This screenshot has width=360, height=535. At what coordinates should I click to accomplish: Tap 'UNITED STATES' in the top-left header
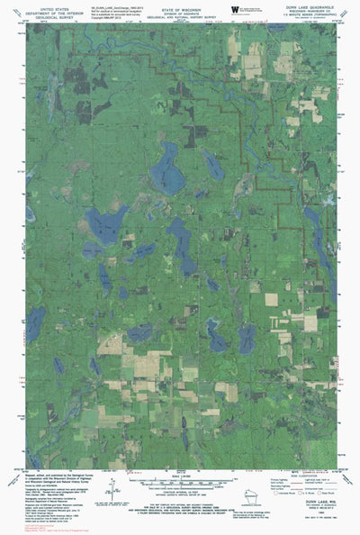pos(50,6)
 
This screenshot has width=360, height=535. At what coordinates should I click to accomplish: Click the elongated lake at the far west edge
pos(35,324)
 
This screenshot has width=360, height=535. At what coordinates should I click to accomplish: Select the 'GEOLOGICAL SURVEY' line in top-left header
pos(50,16)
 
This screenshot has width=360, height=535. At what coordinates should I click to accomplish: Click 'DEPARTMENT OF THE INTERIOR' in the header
pos(50,11)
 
